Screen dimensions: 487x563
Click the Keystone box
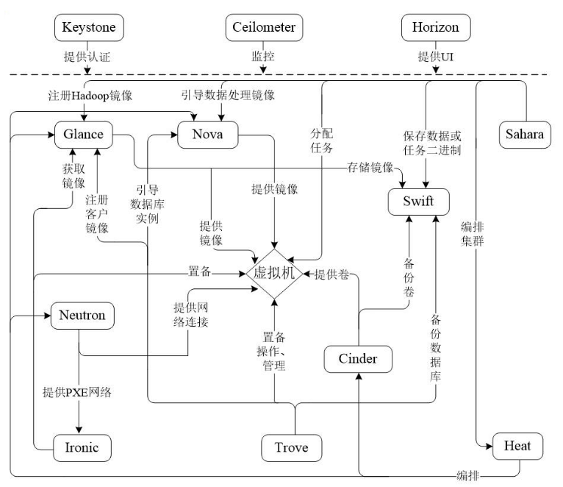coord(89,28)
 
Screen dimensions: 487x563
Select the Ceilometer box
coord(264,28)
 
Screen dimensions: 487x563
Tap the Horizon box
coord(435,28)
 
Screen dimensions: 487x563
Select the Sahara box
coord(525,135)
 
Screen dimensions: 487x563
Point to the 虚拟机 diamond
coord(273,274)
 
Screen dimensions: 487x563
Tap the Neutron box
coord(82,316)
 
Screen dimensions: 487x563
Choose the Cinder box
coord(358,359)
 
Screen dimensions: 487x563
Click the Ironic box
coord(82,446)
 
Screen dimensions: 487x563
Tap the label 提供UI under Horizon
coord(435,56)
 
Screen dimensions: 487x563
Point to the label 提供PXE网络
coord(77,392)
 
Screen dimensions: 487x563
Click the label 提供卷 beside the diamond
coord(331,274)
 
